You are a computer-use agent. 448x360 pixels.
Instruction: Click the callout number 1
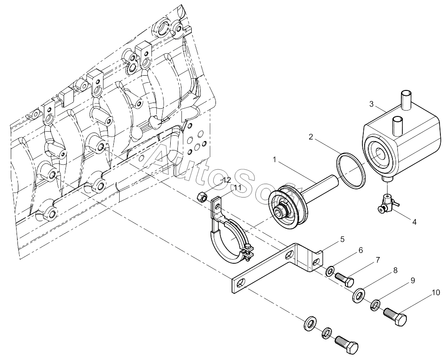point(275,160)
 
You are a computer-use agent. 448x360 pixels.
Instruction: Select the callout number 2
point(311,137)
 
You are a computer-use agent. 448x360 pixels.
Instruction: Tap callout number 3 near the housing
point(371,104)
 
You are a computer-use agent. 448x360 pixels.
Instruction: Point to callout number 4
point(414,222)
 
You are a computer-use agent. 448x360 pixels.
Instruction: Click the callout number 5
point(342,239)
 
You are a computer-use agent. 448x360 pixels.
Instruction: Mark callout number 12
point(227,180)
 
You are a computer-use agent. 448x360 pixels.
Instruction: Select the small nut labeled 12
point(202,196)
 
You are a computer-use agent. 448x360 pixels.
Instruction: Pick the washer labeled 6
point(331,270)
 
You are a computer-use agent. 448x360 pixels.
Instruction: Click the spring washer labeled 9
point(375,304)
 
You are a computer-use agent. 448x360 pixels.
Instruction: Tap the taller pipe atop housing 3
point(406,100)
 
